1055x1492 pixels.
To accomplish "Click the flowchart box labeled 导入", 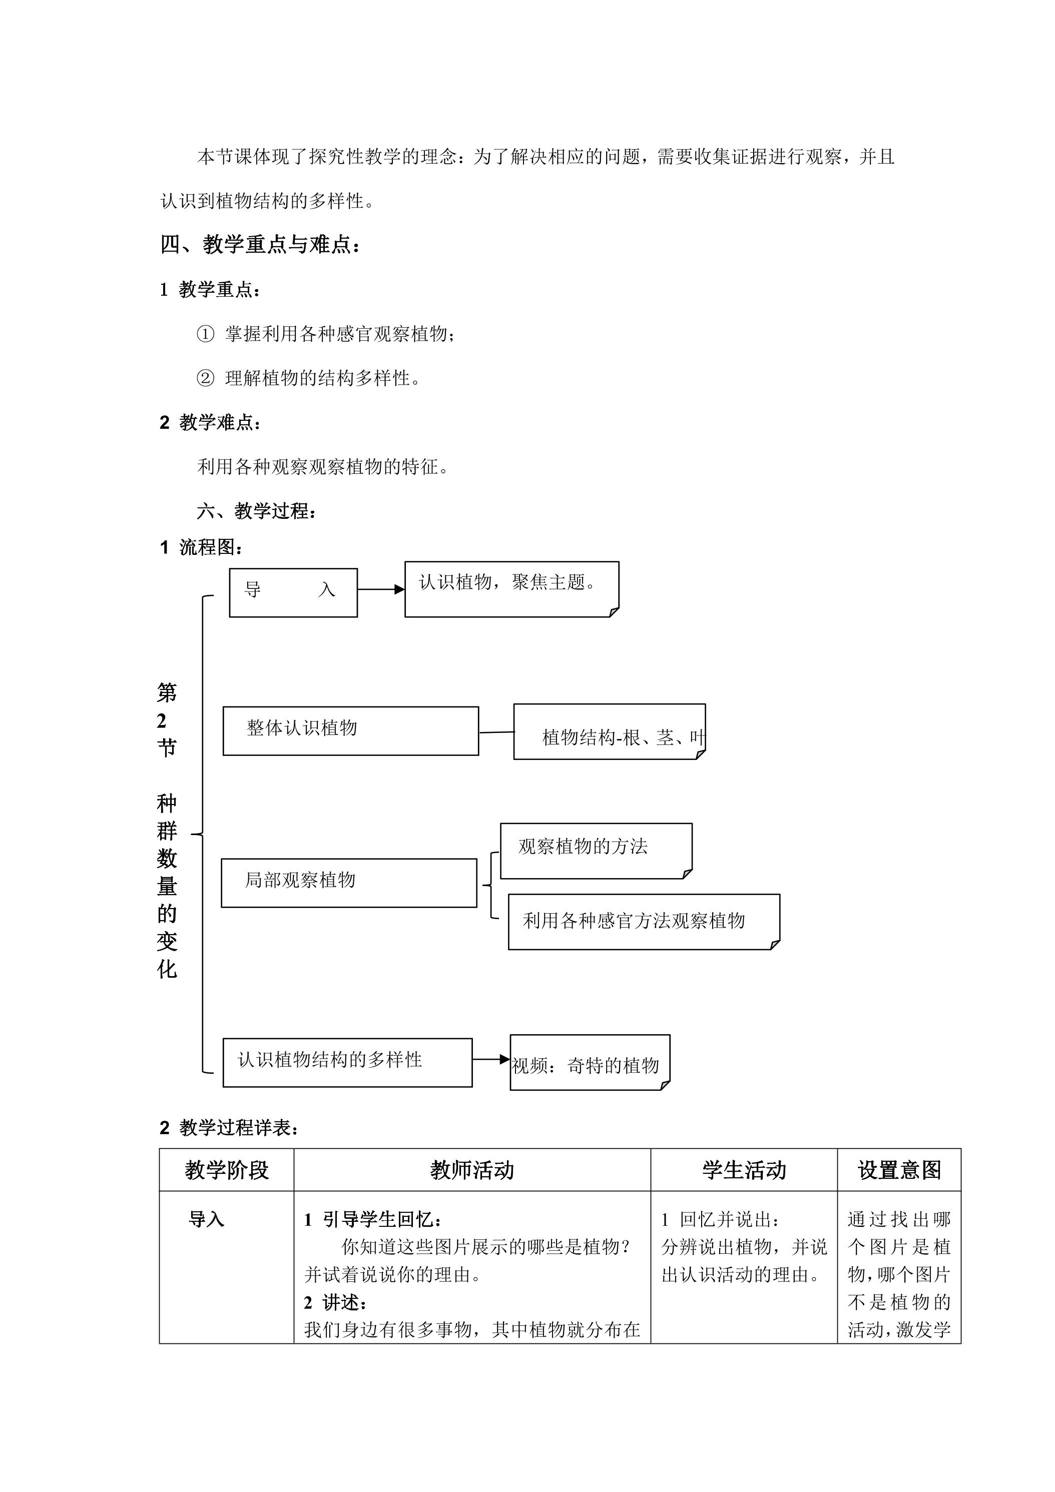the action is [293, 592].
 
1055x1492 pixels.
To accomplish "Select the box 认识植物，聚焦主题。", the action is [511, 589].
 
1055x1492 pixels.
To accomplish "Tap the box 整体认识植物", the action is [351, 731].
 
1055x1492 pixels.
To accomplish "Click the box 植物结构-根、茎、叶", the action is [610, 731].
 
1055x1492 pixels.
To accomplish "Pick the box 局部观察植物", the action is [349, 883].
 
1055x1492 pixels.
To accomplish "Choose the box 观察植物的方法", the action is [596, 851].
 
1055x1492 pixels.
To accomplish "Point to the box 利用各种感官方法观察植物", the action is [644, 922].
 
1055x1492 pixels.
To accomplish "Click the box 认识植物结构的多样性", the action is [348, 1063].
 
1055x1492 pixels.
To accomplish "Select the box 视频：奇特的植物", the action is [590, 1063].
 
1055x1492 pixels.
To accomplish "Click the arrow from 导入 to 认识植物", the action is [381, 590].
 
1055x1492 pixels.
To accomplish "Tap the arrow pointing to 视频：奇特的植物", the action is [491, 1059].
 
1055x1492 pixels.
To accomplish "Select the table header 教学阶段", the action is [227, 1170].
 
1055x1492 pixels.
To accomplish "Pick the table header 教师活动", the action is [472, 1170].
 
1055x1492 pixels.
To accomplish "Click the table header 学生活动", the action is [744, 1170].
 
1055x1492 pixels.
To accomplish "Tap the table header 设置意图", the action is [900, 1170].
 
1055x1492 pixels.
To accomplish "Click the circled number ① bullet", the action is [205, 334].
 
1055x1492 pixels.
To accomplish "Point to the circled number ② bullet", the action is [205, 378].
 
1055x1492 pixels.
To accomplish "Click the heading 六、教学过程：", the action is [257, 511].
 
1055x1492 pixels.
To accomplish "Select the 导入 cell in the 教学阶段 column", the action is [206, 1220].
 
